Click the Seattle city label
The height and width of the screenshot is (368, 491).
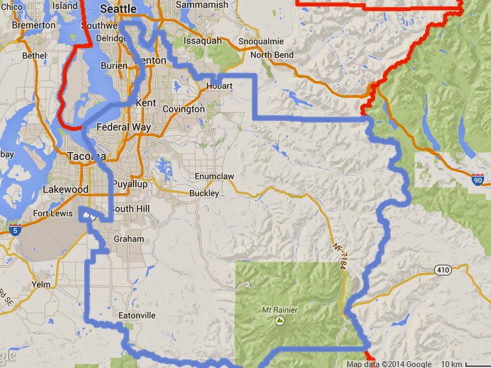point(118,9)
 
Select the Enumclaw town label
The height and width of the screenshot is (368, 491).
point(214,176)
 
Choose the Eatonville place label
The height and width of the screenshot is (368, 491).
point(137,315)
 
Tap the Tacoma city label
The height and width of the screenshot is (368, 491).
point(87,156)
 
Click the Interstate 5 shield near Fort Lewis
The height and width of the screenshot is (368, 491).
point(15,231)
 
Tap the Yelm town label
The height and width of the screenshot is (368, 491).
point(41,284)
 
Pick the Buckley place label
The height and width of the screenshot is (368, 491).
point(204,193)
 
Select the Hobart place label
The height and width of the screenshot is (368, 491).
point(219,86)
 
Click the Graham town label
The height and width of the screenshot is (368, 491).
point(128,239)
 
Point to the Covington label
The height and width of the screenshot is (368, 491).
point(184,109)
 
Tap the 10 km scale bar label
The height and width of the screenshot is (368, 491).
point(452,364)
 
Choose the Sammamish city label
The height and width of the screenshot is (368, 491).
point(202,5)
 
